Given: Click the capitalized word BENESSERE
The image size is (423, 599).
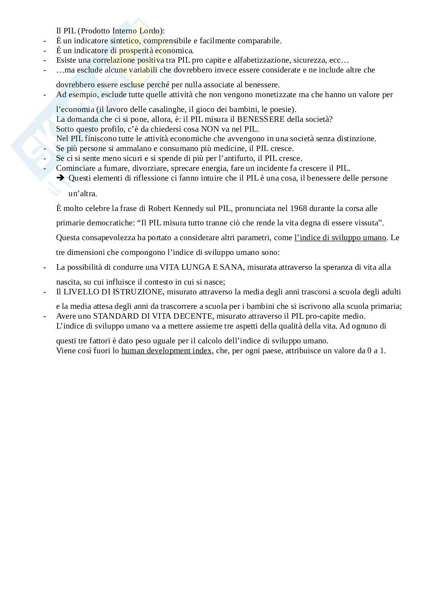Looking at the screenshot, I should [x=261, y=119].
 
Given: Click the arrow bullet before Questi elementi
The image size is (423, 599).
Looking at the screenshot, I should [x=60, y=178].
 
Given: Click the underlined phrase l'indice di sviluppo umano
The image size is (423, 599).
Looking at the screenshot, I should [x=340, y=238].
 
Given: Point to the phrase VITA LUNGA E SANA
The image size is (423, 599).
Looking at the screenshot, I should [x=201, y=267].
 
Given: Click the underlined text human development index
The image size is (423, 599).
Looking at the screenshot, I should [x=166, y=351].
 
